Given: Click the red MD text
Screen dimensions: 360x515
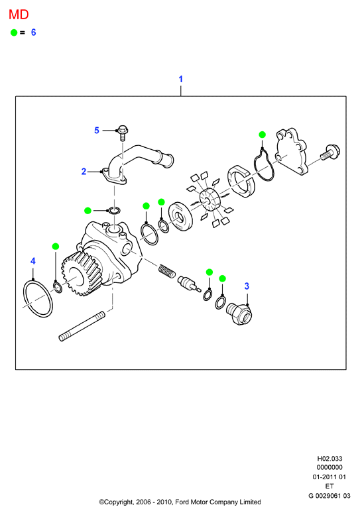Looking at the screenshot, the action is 19,15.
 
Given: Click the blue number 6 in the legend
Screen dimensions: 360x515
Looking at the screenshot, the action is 33,32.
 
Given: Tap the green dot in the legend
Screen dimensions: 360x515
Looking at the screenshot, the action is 14,32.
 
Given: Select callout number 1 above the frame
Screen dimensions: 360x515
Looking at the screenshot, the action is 180,79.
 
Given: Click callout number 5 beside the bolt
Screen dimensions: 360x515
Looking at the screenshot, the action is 97,131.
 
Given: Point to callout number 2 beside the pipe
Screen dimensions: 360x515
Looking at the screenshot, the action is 84,172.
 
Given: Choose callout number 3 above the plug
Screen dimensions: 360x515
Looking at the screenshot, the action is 247,286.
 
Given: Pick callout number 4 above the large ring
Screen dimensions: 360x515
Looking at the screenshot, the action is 33,261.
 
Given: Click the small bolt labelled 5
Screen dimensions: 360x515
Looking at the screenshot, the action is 123,133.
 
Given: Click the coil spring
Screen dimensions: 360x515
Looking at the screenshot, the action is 167,271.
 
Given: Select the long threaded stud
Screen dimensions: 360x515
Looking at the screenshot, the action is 82,327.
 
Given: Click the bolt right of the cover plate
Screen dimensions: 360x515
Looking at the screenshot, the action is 330,153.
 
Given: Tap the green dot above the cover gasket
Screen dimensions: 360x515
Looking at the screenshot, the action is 262,135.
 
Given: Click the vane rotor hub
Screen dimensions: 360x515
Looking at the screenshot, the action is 209,200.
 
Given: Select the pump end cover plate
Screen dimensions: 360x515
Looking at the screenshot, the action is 291,152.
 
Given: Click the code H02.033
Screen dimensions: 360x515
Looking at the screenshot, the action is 330,459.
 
